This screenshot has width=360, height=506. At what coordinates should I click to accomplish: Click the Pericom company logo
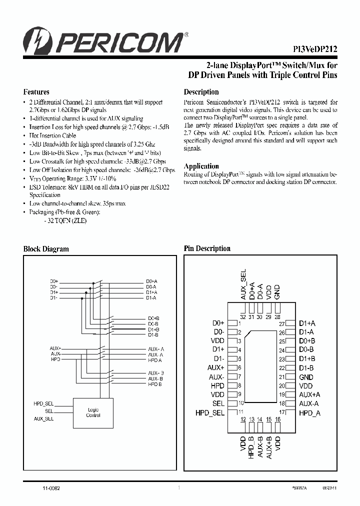click(105, 41)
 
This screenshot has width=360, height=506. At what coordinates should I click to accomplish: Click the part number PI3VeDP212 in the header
click(314, 49)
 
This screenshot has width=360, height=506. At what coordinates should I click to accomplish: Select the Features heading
click(36, 92)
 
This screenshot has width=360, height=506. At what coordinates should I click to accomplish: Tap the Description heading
click(201, 92)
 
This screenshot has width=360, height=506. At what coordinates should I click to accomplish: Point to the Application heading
click(201, 166)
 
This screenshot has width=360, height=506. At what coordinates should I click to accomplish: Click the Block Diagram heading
click(46, 249)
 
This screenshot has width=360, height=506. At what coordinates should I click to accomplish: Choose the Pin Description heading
click(207, 248)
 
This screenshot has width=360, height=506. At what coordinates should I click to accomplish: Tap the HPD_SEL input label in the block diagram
click(43, 403)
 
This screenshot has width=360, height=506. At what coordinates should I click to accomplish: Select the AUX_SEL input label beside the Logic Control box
click(43, 418)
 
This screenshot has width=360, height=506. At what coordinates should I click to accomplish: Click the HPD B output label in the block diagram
click(155, 384)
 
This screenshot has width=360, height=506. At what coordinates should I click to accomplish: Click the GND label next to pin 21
click(306, 377)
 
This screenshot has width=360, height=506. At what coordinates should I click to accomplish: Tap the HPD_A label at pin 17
click(309, 412)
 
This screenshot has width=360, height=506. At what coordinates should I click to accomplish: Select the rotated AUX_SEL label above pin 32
click(243, 285)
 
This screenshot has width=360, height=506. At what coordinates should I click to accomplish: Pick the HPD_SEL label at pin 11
click(210, 412)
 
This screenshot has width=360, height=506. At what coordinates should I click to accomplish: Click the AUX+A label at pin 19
click(309, 394)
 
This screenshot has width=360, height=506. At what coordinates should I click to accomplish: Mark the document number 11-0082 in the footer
click(51, 486)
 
